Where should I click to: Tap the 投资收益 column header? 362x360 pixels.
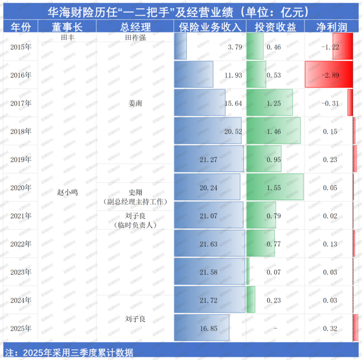tap(275, 27)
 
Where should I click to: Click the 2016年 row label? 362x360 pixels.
tap(21, 75)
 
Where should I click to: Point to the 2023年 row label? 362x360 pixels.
tap(21, 272)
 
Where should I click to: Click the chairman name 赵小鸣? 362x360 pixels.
tap(67, 192)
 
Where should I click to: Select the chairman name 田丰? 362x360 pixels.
tap(67, 38)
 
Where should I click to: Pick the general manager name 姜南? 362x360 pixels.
tap(135, 103)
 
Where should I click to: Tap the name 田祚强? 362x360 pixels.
tap(135, 38)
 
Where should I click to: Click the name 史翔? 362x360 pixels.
tap(135, 192)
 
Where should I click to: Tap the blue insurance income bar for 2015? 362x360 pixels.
tap(180, 47)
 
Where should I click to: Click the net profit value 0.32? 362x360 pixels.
tap(330, 329)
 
